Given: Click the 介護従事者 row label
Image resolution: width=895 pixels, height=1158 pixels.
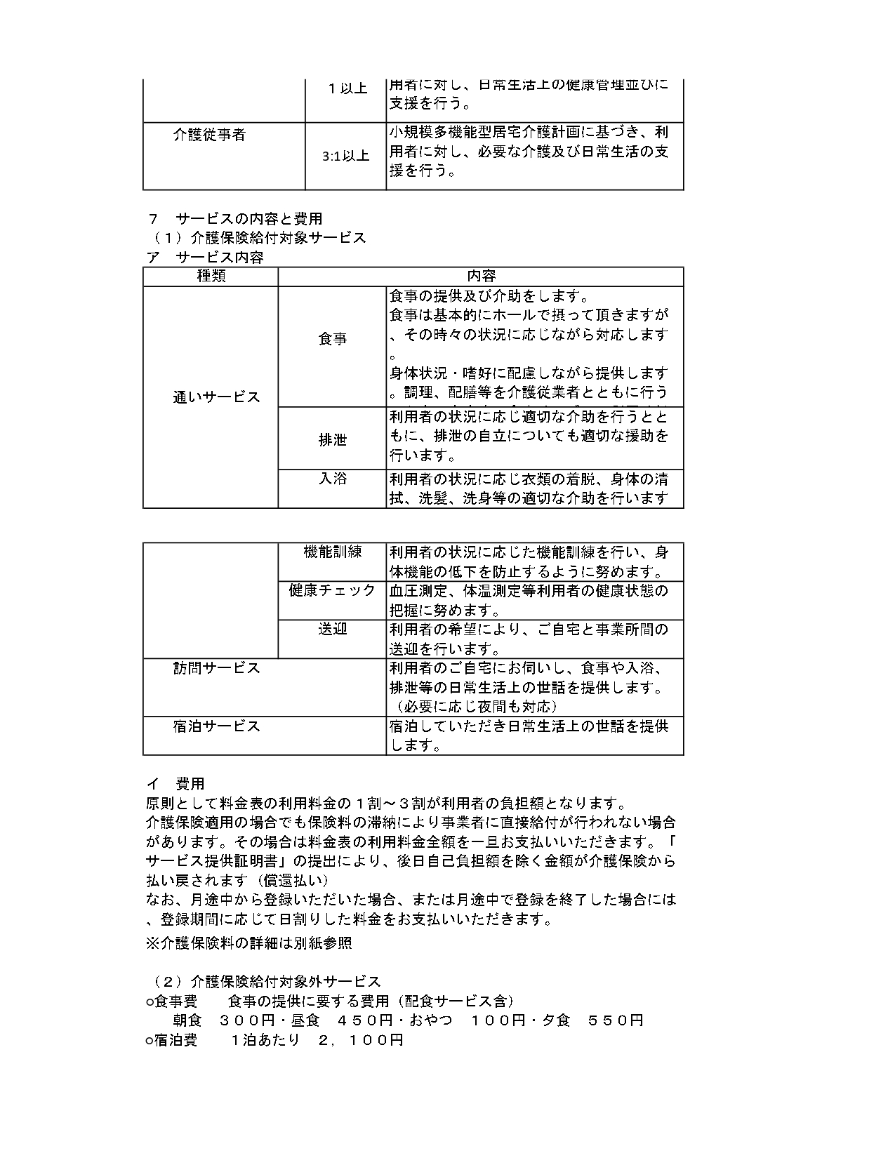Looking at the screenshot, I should point(209,135).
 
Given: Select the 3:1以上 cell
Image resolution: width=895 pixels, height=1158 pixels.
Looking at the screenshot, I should point(345,156).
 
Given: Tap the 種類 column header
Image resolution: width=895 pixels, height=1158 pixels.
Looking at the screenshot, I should point(211,276).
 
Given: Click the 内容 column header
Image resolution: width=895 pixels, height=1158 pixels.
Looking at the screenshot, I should point(481,276).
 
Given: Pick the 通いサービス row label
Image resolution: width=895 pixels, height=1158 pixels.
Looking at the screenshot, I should point(216,397).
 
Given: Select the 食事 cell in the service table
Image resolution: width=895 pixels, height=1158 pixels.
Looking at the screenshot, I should point(332,339).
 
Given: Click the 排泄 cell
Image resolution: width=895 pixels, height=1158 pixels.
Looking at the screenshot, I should point(332,440).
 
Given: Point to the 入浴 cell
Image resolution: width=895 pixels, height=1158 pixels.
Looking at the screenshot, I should point(332,479).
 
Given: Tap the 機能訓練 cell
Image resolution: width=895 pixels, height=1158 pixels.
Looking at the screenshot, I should point(332,552).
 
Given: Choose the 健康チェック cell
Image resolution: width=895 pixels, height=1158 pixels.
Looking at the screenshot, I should point(332,590).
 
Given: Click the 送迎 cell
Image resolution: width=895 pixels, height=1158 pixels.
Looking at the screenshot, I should point(332,629).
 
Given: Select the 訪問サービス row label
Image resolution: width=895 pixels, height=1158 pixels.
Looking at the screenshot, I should point(216,668).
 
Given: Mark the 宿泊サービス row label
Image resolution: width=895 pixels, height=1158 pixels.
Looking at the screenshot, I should point(216,726).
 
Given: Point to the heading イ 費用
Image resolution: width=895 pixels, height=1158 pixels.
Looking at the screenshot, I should point(175,783).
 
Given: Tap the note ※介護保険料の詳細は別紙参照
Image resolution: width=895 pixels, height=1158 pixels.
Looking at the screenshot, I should point(248,943).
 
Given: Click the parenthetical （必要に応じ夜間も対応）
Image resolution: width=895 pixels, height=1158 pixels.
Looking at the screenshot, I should point(475,706).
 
